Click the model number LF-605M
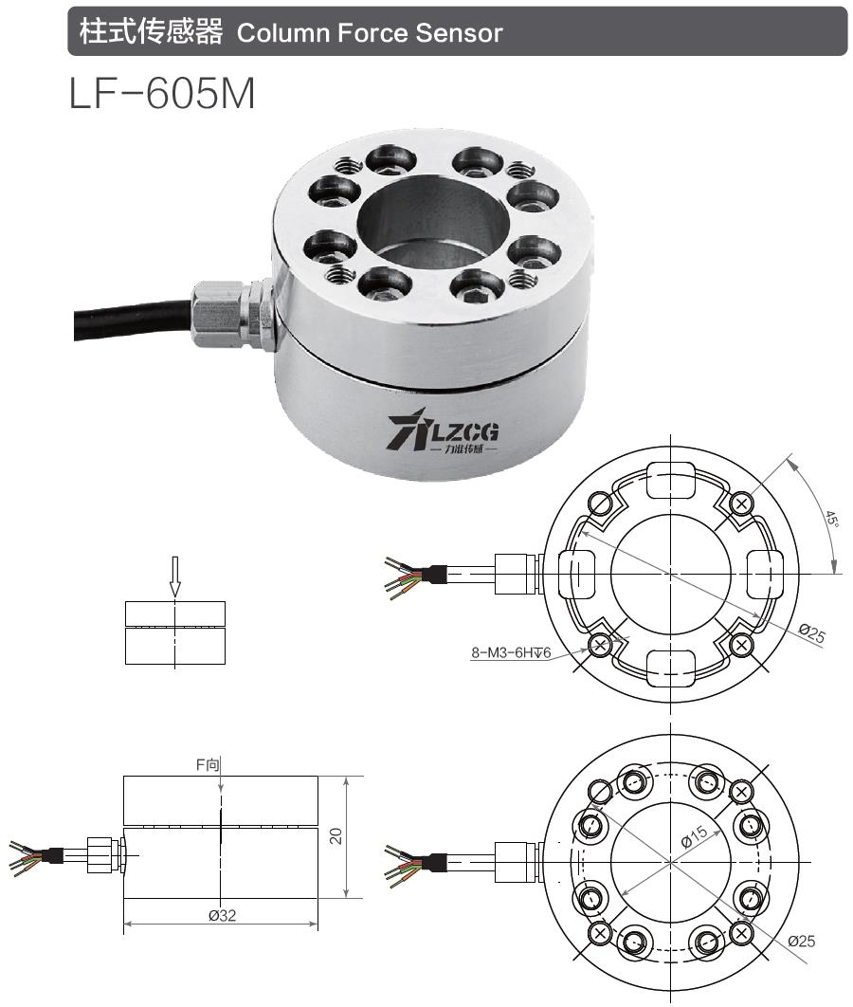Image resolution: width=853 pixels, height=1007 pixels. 162,93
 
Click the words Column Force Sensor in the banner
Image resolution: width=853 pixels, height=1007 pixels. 369,33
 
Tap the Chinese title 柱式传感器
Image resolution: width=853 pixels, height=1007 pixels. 151,32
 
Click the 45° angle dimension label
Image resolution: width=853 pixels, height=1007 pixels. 830,521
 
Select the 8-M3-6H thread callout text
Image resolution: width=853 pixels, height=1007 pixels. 511,652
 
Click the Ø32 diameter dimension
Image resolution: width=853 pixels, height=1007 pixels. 220,916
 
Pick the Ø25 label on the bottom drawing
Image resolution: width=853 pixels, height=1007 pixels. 800,942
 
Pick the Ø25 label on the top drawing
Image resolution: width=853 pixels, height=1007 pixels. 811,633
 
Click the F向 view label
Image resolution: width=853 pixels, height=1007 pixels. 220,764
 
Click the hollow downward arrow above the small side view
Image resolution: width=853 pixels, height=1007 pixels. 174,575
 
